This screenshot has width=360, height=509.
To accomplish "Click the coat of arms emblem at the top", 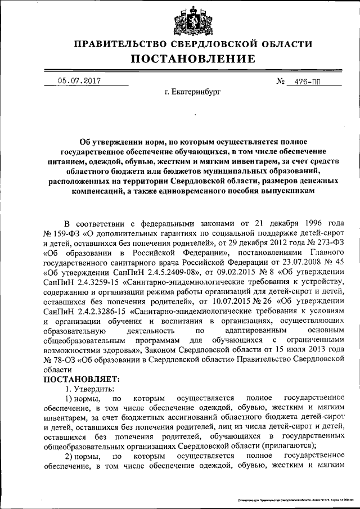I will tap(187, 21).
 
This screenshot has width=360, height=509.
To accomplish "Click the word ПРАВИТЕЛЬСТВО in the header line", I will tap(119, 44).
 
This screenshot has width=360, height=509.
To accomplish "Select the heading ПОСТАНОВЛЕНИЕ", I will tap(186, 59).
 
